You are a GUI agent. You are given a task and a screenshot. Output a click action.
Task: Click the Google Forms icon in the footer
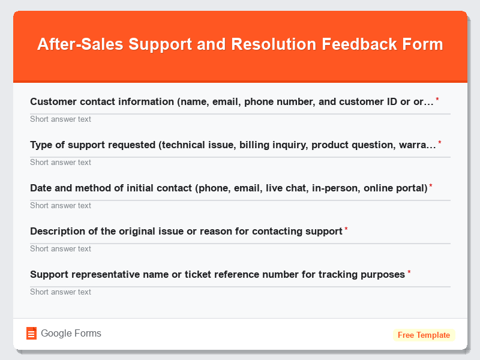[x=31, y=334]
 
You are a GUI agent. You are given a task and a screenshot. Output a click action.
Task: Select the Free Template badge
[x=424, y=335]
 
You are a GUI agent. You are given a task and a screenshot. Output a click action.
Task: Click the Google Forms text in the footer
[x=71, y=334]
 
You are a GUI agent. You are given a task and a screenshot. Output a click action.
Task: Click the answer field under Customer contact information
[x=240, y=119]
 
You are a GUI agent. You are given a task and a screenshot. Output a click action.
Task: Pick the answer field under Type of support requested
[x=240, y=162]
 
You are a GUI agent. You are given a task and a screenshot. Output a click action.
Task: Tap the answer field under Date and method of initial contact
[x=240, y=205]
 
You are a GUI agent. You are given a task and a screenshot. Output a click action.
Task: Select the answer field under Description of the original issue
[x=240, y=248]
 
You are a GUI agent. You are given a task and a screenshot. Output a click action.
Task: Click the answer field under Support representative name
[x=240, y=292]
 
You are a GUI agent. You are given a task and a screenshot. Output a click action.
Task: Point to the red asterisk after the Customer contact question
[x=437, y=100]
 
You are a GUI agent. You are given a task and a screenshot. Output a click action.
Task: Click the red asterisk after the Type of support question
[x=440, y=143]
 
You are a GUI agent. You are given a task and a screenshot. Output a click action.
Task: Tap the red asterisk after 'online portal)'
[x=431, y=187]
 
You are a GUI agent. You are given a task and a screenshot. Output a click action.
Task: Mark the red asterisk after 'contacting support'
[x=346, y=230]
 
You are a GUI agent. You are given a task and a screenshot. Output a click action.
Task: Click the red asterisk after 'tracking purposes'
[x=409, y=273]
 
